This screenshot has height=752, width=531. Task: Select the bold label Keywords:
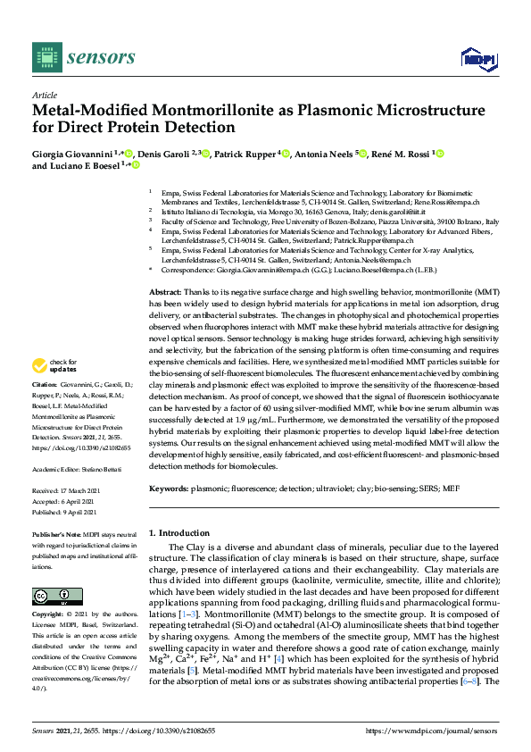tap(170, 489)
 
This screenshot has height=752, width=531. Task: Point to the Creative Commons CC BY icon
tap(51, 597)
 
